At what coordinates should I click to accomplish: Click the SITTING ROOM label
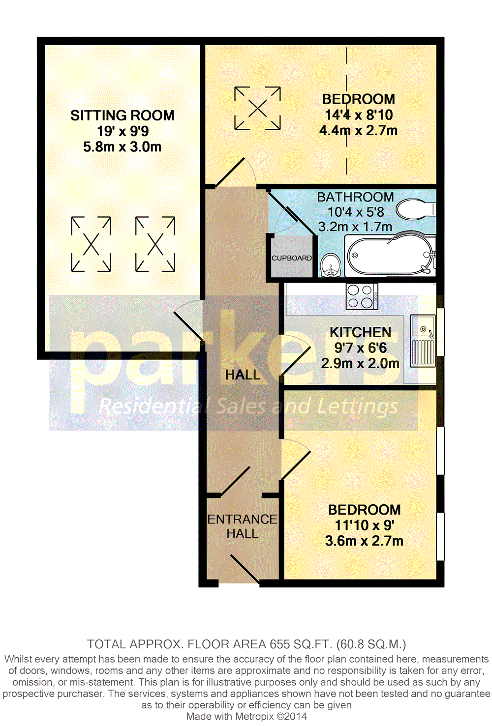(x=123, y=116)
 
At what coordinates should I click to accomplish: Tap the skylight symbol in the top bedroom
(x=257, y=108)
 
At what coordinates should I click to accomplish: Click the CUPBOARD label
(x=292, y=258)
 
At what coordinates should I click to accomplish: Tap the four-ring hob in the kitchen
(x=362, y=296)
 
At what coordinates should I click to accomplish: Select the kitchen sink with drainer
(x=423, y=341)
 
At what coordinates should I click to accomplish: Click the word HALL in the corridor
(x=243, y=375)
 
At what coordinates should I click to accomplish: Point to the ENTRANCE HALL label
(x=242, y=526)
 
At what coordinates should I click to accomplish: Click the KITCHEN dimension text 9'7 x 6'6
(x=360, y=348)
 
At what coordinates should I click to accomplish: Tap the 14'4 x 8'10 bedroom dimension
(x=359, y=115)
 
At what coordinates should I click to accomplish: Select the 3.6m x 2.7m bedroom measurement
(x=364, y=541)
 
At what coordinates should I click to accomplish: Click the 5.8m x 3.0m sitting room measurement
(x=123, y=147)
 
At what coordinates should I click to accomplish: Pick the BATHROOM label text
(x=355, y=197)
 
